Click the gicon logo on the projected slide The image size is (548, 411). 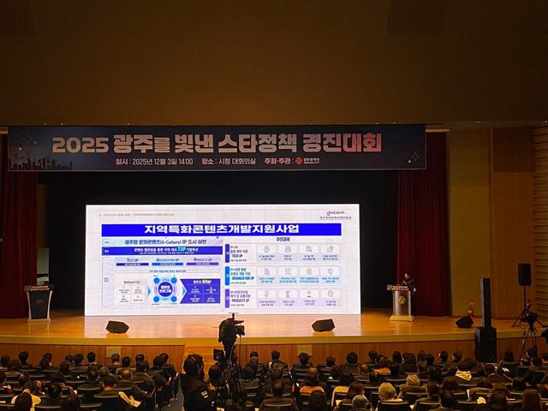click(335, 213)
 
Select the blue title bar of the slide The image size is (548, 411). click(221, 229)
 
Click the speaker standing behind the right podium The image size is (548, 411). click(408, 282)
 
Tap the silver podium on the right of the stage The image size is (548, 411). click(401, 304)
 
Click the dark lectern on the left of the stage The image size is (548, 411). click(39, 302)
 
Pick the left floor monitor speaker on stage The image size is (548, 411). click(117, 326)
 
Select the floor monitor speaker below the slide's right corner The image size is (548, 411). click(323, 325)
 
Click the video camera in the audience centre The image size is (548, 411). click(230, 329)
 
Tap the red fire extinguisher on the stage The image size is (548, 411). click(470, 308)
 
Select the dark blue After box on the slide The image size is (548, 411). click(199, 291)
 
